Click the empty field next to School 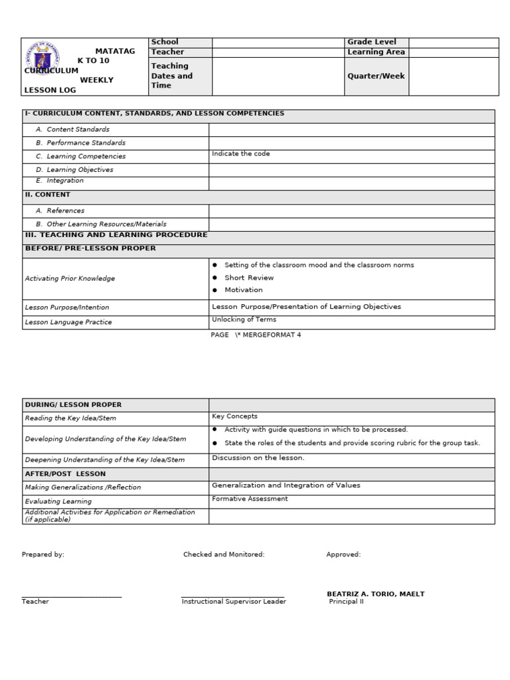tap(278, 42)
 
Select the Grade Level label tap(371, 42)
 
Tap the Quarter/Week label tap(376, 76)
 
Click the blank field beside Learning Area tap(453, 52)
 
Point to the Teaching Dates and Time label tap(171, 76)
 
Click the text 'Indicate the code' tap(240, 154)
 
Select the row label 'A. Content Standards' tap(78, 130)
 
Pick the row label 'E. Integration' tap(64, 181)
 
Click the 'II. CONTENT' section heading tap(47, 195)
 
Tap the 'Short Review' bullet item tap(248, 278)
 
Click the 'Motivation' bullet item tap(243, 290)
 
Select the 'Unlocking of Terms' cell tap(244, 320)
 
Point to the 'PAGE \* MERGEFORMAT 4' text tap(256, 335)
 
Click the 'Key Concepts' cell tap(234, 417)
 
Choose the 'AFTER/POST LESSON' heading tap(65, 474)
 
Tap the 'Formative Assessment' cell tap(250, 499)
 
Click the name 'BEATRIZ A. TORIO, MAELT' tap(375, 594)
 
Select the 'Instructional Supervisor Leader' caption tap(234, 602)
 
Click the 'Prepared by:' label tap(43, 554)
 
